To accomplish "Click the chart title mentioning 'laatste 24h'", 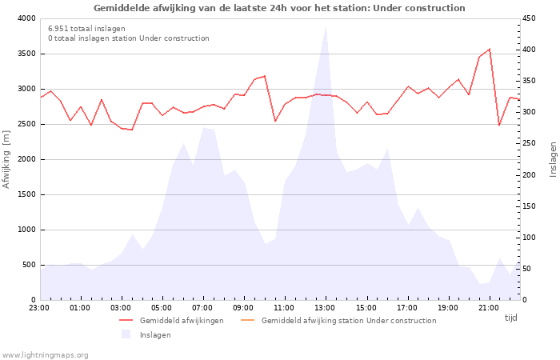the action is pyautogui.click(x=279, y=8).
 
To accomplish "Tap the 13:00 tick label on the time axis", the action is pyautogui.click(x=325, y=308).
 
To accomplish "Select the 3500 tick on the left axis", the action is pyautogui.click(x=27, y=54).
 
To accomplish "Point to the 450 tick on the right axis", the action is pyautogui.click(x=530, y=18).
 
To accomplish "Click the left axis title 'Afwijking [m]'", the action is pyautogui.click(x=6, y=159).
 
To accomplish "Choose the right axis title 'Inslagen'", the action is pyautogui.click(x=554, y=159).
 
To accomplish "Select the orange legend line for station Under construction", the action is pyautogui.click(x=247, y=320).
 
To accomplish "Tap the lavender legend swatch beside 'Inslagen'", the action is pyautogui.click(x=126, y=334).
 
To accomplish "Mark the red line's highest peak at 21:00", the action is pyautogui.click(x=490, y=49).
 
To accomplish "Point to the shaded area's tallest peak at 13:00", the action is pyautogui.click(x=326, y=26).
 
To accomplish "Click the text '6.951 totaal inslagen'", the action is pyautogui.click(x=86, y=29).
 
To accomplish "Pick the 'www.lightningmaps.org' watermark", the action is pyautogui.click(x=45, y=355).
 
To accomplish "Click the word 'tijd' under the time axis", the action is pyautogui.click(x=510, y=318).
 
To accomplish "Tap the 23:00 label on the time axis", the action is pyautogui.click(x=39, y=308).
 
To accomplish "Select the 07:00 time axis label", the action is pyautogui.click(x=202, y=308).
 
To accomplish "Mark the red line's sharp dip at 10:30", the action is pyautogui.click(x=275, y=121).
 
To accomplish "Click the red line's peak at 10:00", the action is pyautogui.click(x=265, y=76).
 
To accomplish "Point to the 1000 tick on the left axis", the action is pyautogui.click(x=27, y=230).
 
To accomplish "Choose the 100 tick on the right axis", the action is pyautogui.click(x=530, y=238).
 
